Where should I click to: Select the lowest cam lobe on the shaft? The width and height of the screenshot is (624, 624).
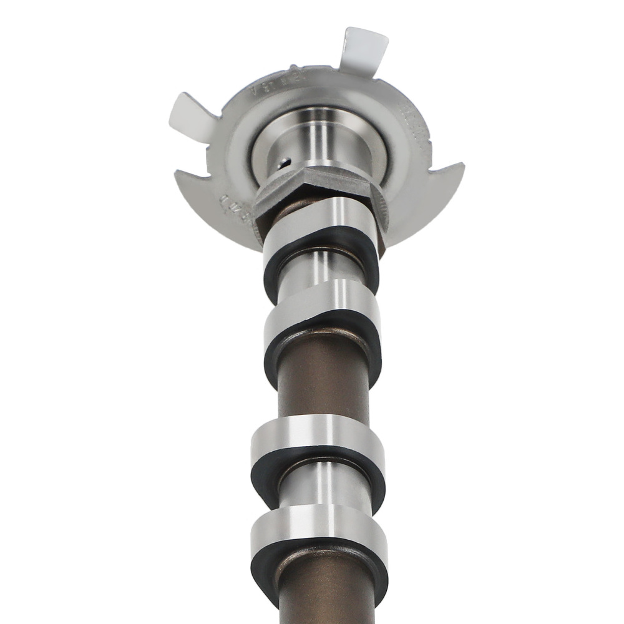[318, 527]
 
